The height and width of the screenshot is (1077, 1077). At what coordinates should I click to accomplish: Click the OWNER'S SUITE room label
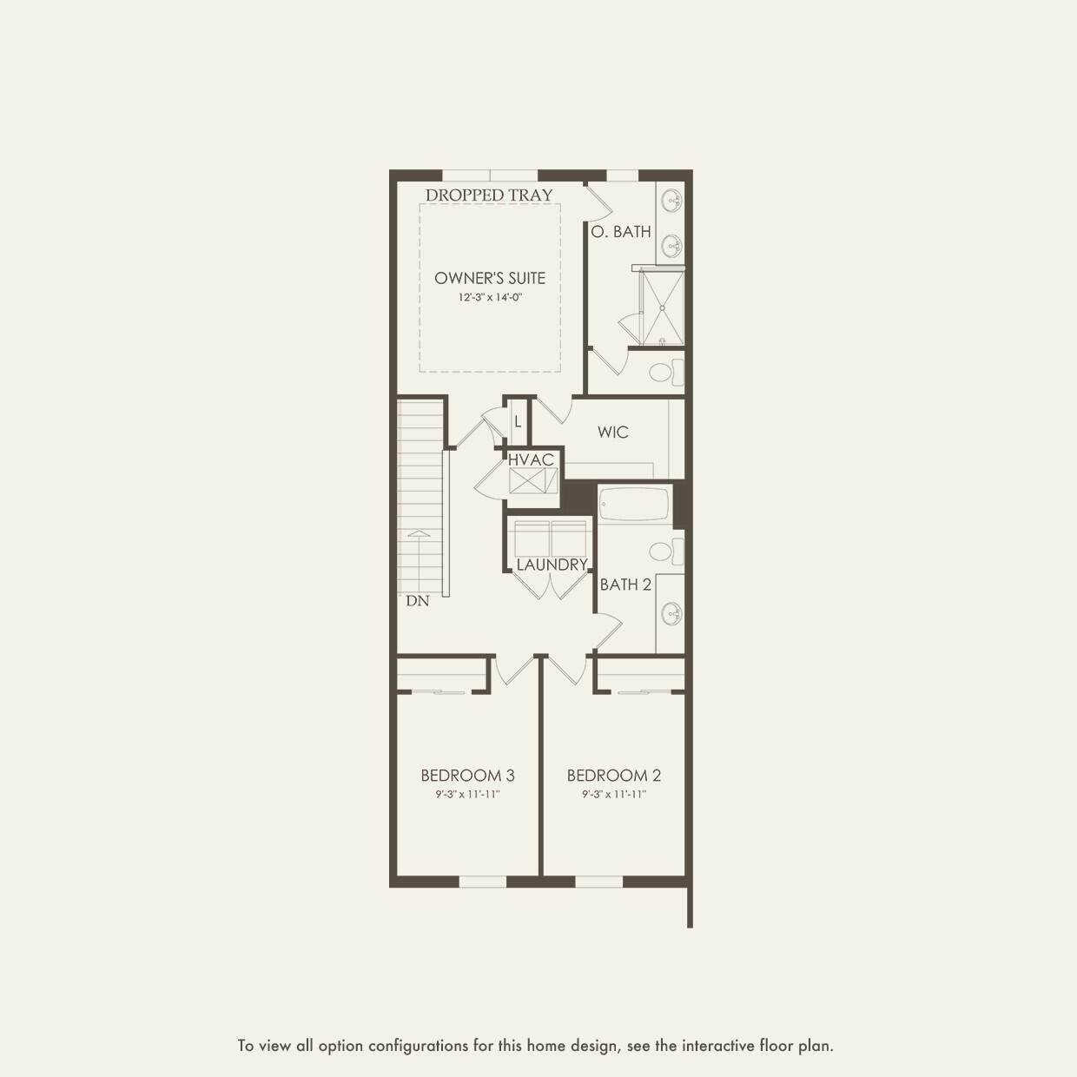tap(490, 278)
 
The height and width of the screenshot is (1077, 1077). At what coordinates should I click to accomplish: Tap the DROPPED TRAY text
tap(489, 195)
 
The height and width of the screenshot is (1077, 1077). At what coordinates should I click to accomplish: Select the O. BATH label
tap(621, 231)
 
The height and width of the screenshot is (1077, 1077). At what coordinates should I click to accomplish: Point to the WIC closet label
tap(612, 432)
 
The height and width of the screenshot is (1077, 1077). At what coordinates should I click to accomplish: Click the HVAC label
tap(531, 460)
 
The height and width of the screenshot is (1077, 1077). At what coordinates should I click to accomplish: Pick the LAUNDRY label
tap(552, 565)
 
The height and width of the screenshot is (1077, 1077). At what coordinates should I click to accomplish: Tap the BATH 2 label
tap(625, 585)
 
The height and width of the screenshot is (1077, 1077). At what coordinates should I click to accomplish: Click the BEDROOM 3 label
tap(468, 776)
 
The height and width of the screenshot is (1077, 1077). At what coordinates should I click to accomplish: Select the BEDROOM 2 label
tap(614, 776)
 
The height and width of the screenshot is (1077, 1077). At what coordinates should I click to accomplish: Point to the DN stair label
tap(418, 601)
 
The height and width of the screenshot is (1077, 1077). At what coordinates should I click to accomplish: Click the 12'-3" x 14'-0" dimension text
tap(490, 297)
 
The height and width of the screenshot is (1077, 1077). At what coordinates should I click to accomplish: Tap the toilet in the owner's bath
tap(667, 373)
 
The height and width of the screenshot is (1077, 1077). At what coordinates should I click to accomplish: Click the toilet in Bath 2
tap(667, 552)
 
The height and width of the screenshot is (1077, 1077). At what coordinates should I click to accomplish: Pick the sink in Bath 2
tap(671, 614)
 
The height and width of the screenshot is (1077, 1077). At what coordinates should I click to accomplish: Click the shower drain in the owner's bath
tap(663, 307)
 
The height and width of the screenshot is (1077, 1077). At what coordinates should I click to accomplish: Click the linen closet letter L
tap(518, 422)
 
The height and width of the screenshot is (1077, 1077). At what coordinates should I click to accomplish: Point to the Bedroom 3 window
tap(482, 882)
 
